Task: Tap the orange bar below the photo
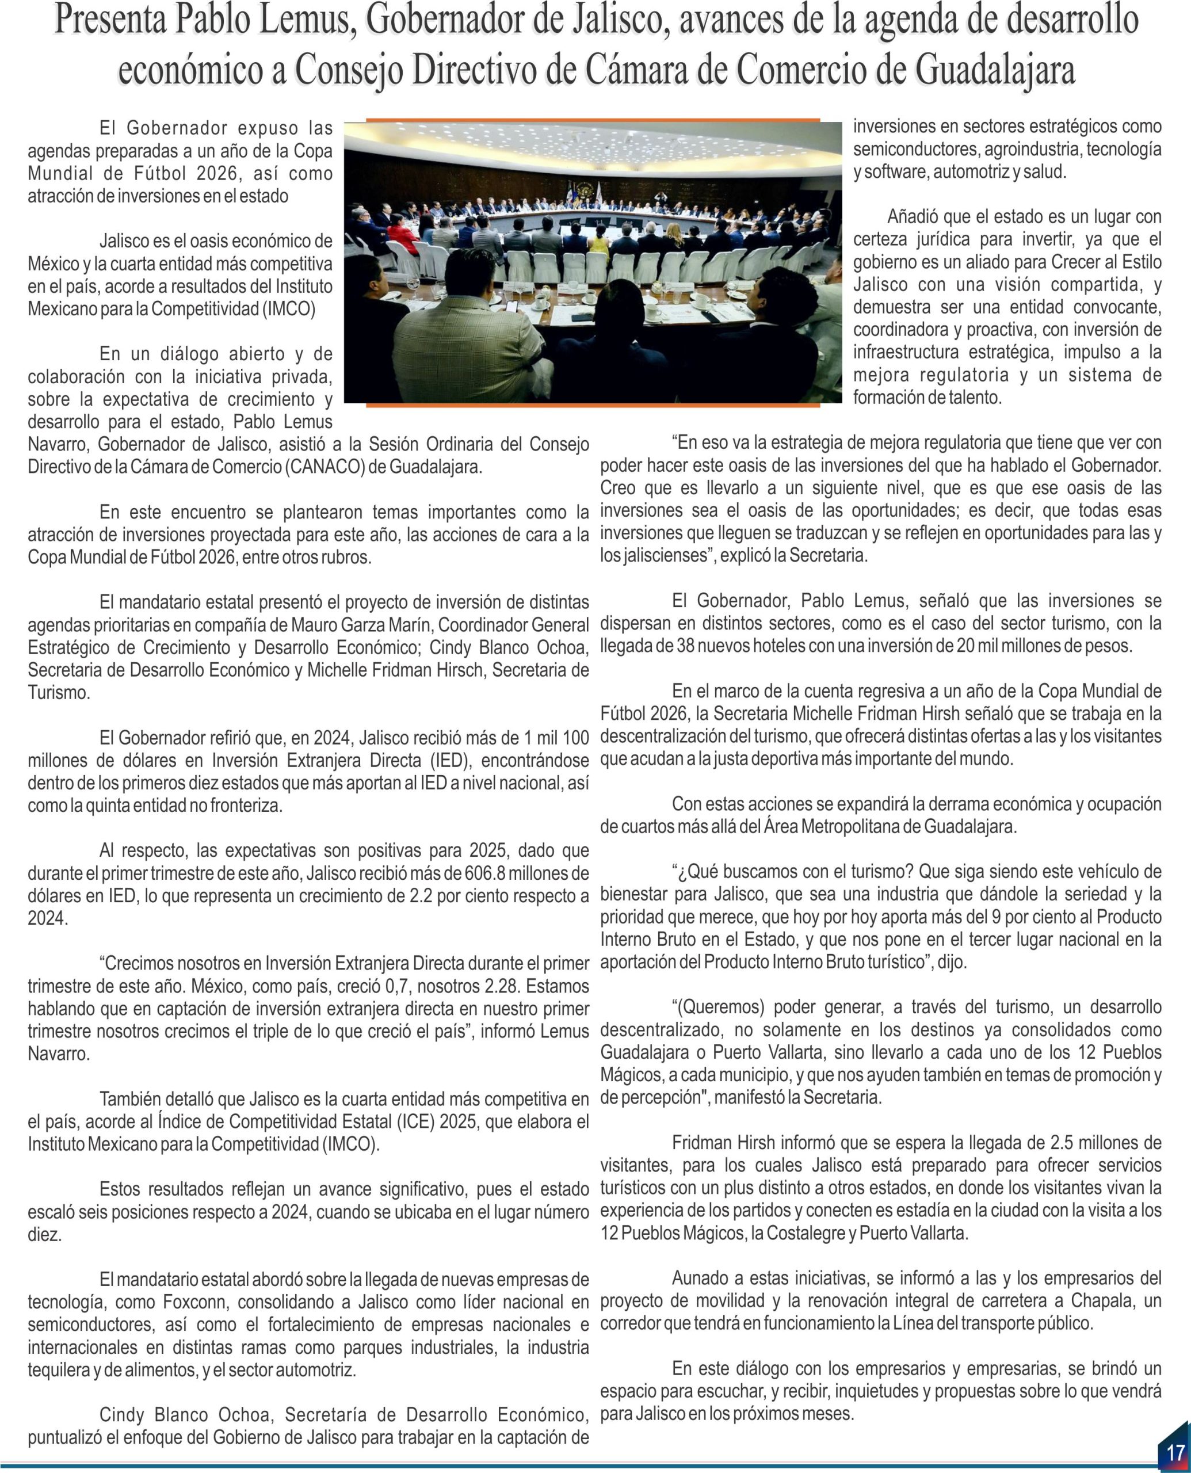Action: click(x=593, y=406)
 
